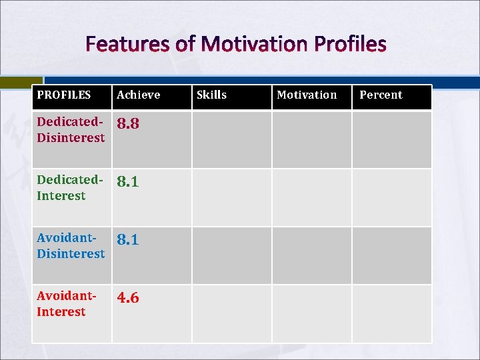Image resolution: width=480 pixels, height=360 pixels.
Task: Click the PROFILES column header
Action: tap(64, 95)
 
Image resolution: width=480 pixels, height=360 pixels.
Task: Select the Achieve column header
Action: tap(139, 95)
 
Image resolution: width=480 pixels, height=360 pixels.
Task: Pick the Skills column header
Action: tap(211, 95)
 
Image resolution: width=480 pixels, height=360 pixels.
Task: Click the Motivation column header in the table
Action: tap(307, 95)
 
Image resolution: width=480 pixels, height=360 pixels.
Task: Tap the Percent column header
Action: tap(381, 95)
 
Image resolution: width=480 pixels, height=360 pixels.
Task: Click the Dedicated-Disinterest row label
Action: tap(71, 130)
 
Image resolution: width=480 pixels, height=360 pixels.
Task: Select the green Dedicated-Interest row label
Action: tap(70, 188)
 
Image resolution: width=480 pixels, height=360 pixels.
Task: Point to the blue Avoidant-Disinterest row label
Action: tap(71, 246)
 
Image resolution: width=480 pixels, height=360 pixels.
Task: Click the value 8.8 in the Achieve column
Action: tap(128, 124)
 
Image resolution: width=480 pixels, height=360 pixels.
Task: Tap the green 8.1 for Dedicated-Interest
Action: tap(128, 182)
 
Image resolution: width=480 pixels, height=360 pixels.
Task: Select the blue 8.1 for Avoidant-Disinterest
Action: tap(128, 240)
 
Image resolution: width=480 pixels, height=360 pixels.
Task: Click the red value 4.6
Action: tap(128, 298)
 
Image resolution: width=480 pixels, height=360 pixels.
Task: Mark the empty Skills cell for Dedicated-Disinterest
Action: tap(231, 139)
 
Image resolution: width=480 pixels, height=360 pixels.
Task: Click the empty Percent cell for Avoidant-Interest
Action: tap(391, 313)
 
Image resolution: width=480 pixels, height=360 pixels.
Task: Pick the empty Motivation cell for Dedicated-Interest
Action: tap(311, 197)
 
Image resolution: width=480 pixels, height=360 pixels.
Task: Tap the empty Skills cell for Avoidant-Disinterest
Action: tap(231, 255)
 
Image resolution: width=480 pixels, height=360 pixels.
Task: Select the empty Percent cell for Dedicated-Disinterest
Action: tap(391, 139)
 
